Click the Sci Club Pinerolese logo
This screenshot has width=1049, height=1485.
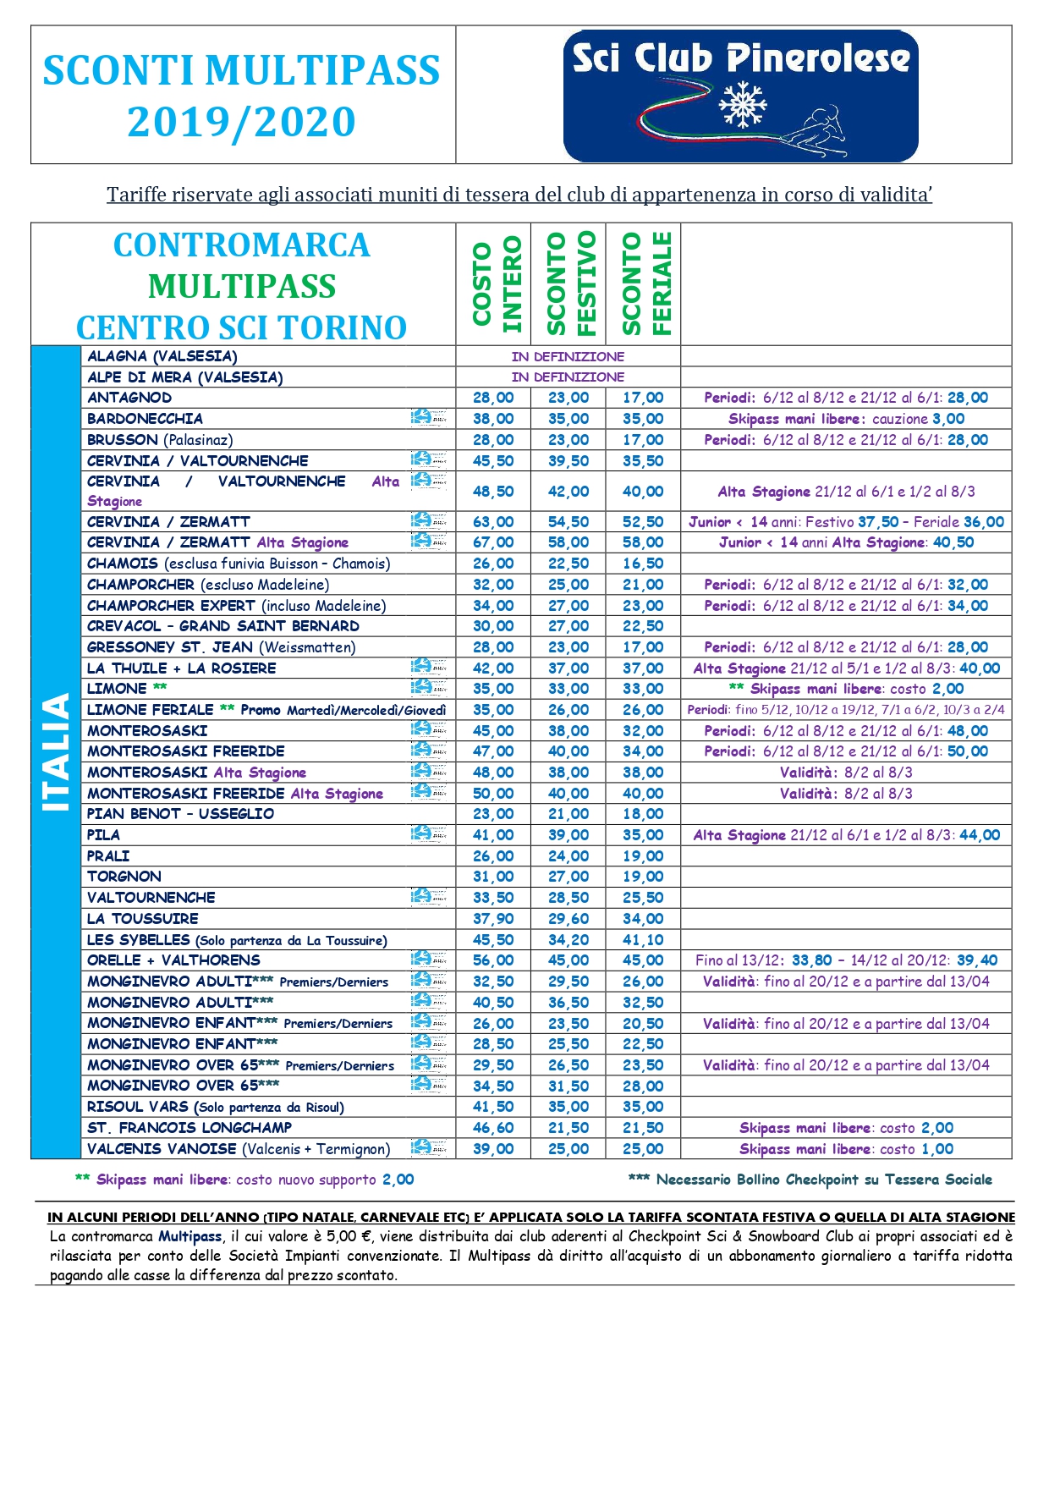tap(740, 96)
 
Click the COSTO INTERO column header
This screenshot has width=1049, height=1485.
tap(493, 284)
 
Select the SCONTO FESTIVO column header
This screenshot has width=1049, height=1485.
tap(568, 284)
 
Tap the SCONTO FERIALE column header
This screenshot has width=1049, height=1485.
tap(643, 284)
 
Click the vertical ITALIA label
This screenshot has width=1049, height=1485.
tap(56, 751)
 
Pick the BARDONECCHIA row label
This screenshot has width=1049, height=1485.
tap(145, 419)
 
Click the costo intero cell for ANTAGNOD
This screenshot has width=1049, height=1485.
tap(493, 398)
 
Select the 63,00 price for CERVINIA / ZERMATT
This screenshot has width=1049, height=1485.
tap(493, 522)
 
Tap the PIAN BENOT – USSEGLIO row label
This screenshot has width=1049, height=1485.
tap(180, 814)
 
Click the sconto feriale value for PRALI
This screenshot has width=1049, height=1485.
tap(643, 856)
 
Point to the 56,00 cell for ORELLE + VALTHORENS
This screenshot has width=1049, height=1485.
tap(493, 960)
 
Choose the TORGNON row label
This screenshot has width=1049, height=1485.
tap(124, 877)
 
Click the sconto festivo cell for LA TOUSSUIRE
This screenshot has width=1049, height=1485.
tap(568, 919)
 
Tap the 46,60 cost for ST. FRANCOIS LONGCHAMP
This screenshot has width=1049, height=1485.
tap(493, 1128)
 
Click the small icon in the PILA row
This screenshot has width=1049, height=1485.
tap(428, 834)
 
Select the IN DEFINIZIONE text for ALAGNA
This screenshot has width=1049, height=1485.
tap(568, 356)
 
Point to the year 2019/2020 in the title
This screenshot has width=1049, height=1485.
tap(241, 122)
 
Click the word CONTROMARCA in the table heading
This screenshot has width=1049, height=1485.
tap(242, 245)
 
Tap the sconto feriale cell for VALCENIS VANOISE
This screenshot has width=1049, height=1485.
tap(643, 1149)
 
